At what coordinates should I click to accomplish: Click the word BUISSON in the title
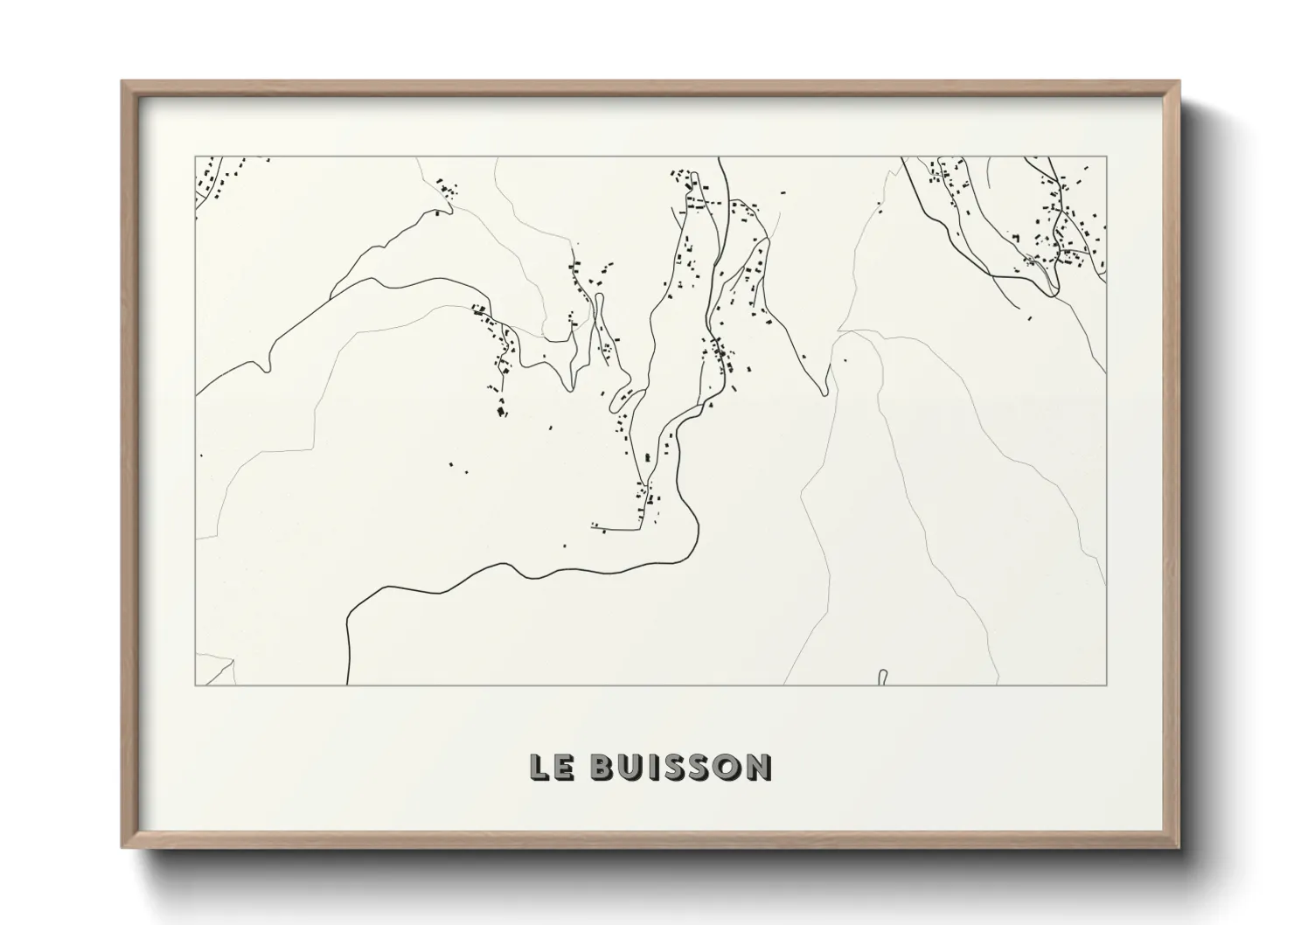680,767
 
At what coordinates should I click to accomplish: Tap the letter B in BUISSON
603,767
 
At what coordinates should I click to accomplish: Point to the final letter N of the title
758,767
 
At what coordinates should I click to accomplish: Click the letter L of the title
539,767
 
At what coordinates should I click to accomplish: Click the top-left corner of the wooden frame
122,82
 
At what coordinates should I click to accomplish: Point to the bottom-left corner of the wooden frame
122,847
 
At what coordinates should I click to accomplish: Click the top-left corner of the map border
195,157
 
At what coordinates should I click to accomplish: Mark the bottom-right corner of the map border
1107,685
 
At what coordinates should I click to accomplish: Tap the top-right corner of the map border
1107,157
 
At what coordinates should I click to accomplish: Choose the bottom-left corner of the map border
195,685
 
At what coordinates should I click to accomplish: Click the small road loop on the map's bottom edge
882,676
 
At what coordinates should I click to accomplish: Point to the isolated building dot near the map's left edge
201,456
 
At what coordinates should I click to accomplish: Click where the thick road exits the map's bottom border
348,685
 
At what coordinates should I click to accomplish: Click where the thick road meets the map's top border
719,158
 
